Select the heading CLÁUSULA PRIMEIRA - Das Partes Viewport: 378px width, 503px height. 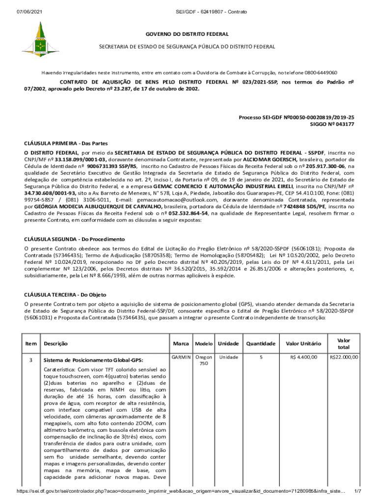(66, 143)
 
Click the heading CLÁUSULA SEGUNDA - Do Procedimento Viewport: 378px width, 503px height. (75, 239)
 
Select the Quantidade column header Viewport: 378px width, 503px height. (261, 344)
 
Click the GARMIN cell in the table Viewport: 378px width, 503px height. (180, 357)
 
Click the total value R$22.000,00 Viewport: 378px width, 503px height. (344, 357)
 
